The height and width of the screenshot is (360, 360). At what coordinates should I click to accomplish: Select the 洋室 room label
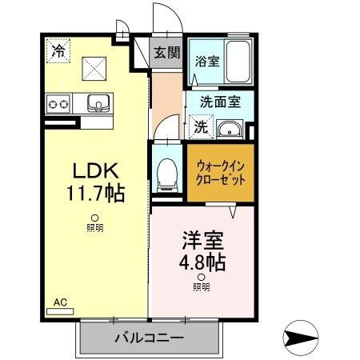click(201, 240)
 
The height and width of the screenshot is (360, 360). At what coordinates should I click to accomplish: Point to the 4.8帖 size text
click(201, 261)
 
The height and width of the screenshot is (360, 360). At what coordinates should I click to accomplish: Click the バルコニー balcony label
click(148, 338)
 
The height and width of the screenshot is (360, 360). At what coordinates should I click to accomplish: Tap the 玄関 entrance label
click(167, 54)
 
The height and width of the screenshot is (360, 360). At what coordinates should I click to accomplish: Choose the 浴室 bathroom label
click(206, 61)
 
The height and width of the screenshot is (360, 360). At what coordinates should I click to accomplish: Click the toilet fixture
click(167, 174)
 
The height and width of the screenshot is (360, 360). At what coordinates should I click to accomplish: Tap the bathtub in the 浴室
click(238, 61)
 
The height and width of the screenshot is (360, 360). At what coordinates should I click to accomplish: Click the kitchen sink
click(98, 102)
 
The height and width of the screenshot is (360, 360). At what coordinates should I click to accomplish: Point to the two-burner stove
click(58, 103)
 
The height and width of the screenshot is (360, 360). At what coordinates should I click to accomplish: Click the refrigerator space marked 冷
click(58, 50)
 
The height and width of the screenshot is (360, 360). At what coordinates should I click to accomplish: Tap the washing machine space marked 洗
click(201, 126)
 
